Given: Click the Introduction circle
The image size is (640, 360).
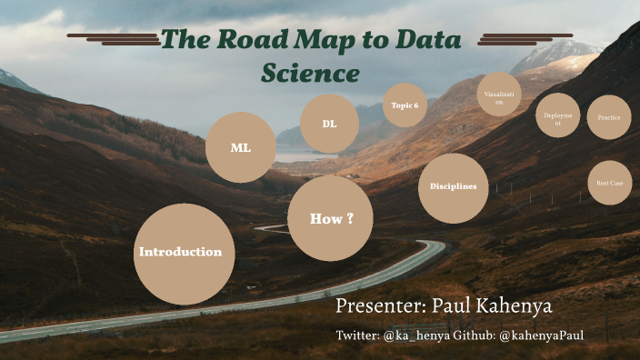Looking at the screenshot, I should coord(184,254).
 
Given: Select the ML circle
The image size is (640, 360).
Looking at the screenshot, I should coord(241,147).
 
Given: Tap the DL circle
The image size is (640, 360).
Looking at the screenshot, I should coord(329,124).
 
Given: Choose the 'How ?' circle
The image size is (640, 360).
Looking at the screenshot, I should coord(330,218).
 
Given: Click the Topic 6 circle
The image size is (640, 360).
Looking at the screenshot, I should coord(405,106).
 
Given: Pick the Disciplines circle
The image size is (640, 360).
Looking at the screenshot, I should coord(454,187).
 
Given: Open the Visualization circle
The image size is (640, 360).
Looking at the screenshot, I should coord(499,95).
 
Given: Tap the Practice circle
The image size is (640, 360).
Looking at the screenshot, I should coord(608,117).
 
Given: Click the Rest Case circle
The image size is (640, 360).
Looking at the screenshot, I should coord(609,183).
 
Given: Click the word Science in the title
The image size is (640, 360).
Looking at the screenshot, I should coord(310,73).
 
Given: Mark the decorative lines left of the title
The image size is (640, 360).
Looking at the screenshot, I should coord(114,39).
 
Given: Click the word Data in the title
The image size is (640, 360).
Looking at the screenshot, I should coord(427,40).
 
